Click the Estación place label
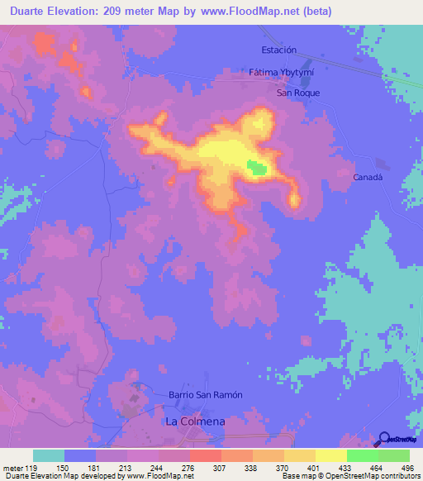[278, 50]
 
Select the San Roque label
[297, 93]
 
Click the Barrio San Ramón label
[205, 395]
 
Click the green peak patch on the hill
[257, 168]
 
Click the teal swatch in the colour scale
[49, 455]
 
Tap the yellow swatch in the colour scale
[330, 455]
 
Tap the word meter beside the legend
[15, 467]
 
